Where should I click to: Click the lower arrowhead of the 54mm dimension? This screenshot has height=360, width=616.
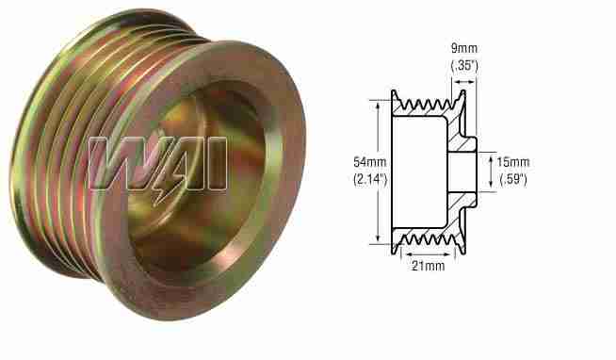[381, 241]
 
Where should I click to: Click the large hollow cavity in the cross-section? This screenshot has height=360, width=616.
[419, 170]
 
